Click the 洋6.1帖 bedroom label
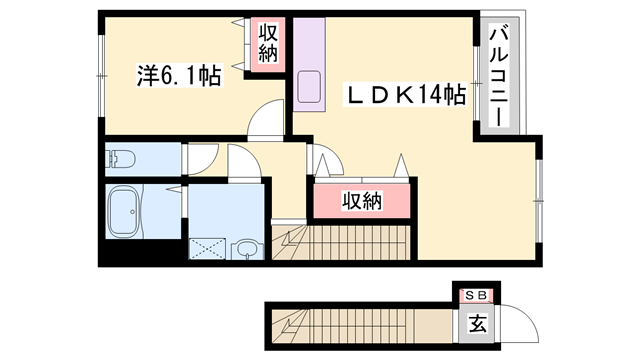click(x=178, y=75)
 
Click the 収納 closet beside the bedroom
click(x=269, y=42)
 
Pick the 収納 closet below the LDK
click(x=362, y=201)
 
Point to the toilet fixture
click(x=121, y=158)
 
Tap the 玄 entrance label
click(x=478, y=322)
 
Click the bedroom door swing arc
click(x=266, y=121)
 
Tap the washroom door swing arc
click(x=244, y=163)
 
